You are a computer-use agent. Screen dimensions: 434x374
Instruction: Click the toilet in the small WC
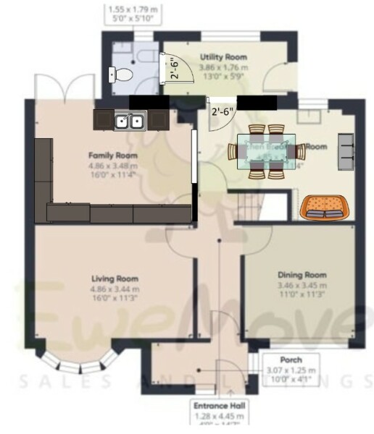[x=121, y=73]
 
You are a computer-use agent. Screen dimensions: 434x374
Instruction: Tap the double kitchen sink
[x=130, y=121]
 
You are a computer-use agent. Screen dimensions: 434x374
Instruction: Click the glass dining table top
[x=262, y=152]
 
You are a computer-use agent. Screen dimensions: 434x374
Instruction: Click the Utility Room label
[x=223, y=56]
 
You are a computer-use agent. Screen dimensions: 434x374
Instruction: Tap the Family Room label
[x=113, y=155]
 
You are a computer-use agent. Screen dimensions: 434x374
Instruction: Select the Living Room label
[x=115, y=278]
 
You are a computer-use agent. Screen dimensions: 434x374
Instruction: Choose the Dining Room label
[x=302, y=275]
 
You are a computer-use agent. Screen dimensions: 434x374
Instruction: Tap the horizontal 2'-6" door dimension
[x=222, y=112]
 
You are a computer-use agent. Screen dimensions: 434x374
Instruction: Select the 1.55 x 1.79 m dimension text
[x=133, y=10]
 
